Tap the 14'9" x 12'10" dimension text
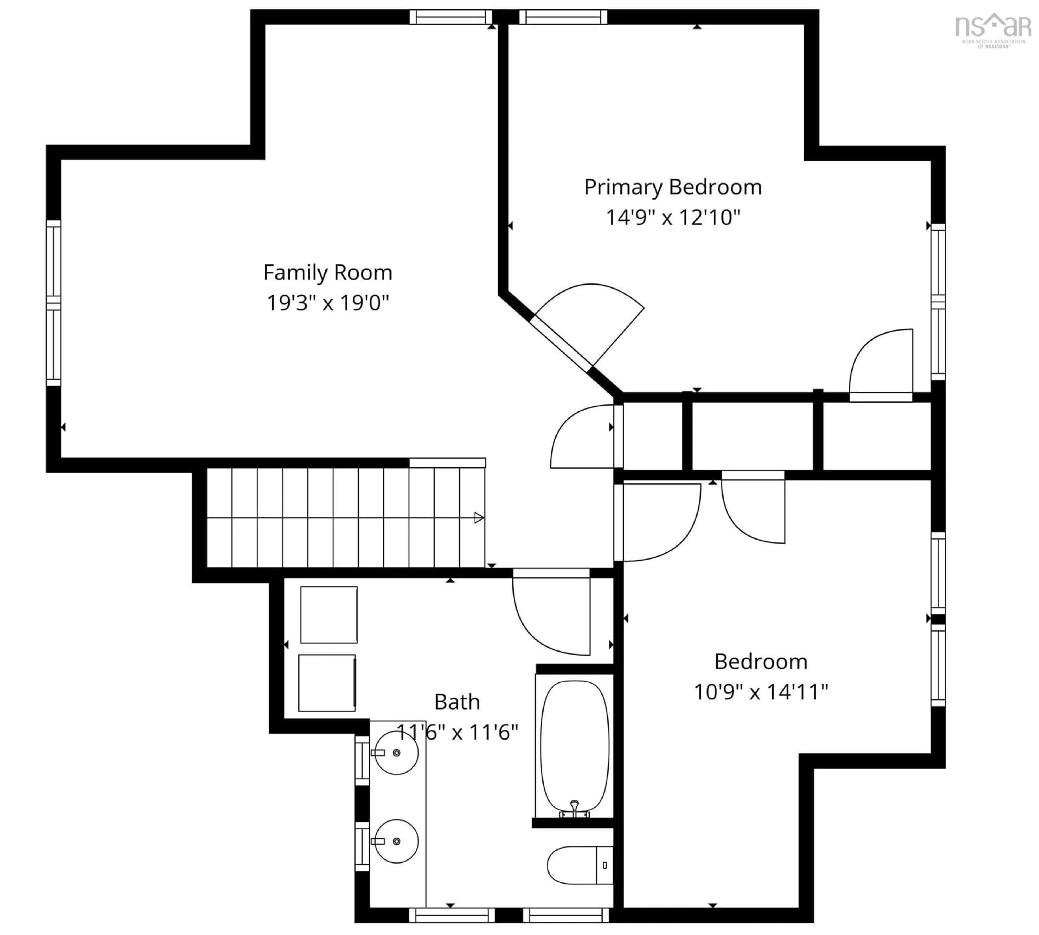[x=673, y=217]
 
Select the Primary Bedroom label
[x=673, y=187]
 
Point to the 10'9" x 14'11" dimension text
[x=761, y=692]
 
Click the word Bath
[x=456, y=702]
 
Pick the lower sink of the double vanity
[x=396, y=841]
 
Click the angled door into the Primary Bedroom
[x=591, y=329]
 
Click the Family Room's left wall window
[x=53, y=303]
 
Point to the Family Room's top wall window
[x=451, y=17]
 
